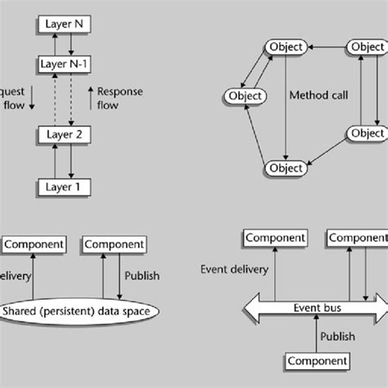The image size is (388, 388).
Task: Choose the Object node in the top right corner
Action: (x=366, y=47)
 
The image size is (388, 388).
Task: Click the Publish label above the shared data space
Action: (x=142, y=275)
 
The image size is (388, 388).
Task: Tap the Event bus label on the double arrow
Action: (x=316, y=308)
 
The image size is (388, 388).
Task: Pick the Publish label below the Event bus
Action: (x=338, y=336)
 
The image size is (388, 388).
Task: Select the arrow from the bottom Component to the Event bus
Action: (x=316, y=337)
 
